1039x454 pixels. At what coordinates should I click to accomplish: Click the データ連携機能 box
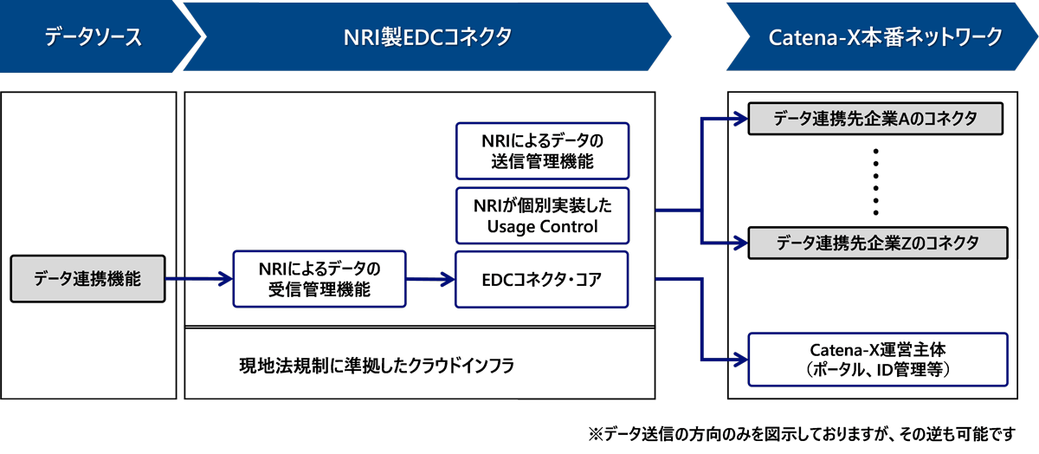pos(87,279)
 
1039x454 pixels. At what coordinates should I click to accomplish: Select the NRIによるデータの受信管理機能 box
pos(319,279)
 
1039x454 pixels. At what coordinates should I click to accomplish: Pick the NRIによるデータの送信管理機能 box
pos(542,151)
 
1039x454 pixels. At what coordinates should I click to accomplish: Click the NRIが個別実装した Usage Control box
pos(542,216)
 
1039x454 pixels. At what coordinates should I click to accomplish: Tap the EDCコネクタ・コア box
pos(542,279)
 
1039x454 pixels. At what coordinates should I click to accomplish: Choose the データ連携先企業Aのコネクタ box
pos(875,120)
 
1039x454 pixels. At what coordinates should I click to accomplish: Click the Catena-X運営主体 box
pos(877,360)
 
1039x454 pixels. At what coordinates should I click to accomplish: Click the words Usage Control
pos(542,227)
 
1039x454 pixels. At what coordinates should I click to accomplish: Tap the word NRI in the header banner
pos(363,36)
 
